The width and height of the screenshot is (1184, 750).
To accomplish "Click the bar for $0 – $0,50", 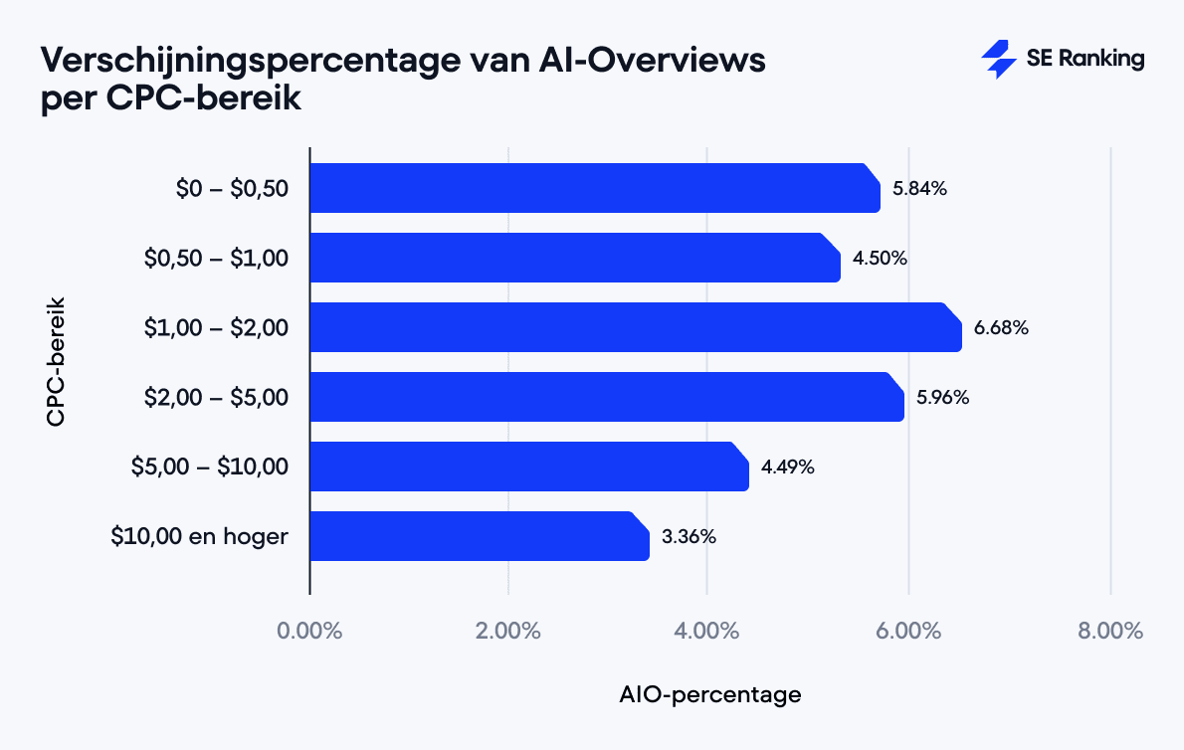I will coord(594,188).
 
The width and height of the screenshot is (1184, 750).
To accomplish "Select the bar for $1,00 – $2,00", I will coord(635,327).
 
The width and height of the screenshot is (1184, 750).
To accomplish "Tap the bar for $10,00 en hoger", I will coord(479,536).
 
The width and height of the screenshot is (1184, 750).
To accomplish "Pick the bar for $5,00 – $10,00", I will coord(528,467).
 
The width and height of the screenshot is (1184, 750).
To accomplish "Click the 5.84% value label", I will coord(919,188).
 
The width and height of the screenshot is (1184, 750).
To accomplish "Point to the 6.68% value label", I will coord(1001,327).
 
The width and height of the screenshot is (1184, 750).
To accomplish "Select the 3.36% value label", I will coord(689,536).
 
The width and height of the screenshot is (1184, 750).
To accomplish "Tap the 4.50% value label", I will coord(880,258).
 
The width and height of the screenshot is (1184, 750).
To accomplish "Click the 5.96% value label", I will coord(942,397).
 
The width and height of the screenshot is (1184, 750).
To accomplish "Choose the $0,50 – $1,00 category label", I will coord(217,258).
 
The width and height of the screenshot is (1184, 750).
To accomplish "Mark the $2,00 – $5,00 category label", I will coord(217,397).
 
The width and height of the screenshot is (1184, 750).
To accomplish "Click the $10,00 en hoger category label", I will coord(200,536).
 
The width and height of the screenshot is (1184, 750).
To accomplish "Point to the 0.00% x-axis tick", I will coord(310,631).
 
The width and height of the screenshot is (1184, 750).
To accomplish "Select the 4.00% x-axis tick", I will coord(707,631).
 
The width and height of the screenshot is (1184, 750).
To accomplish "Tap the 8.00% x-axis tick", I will coord(1109,631).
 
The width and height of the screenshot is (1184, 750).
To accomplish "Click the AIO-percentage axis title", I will coord(709,694).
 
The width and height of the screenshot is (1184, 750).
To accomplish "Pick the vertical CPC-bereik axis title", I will coord(56,359).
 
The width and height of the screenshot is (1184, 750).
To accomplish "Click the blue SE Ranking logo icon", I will coord(998,60).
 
